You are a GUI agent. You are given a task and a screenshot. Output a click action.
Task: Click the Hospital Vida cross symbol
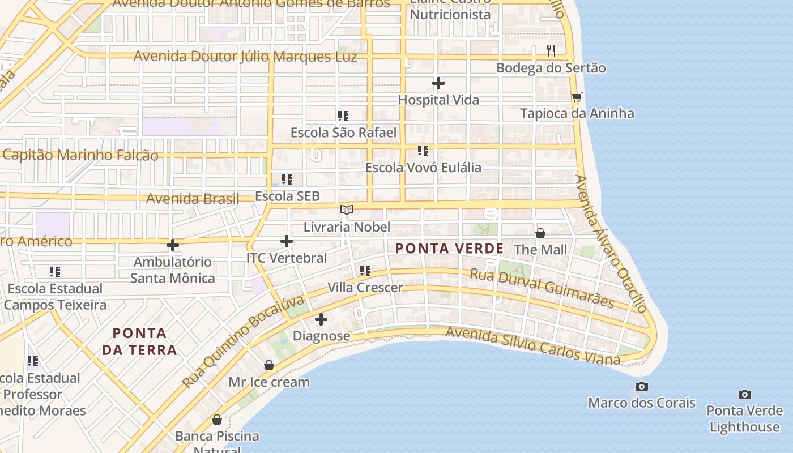(x=438, y=83)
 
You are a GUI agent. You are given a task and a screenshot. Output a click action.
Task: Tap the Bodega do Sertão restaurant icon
(x=551, y=50)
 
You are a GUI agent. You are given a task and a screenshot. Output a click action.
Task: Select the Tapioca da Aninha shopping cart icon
(x=577, y=97)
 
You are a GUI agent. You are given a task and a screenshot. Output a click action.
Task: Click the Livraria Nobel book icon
(x=347, y=210)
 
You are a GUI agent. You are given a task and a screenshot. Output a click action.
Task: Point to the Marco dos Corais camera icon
(x=642, y=386)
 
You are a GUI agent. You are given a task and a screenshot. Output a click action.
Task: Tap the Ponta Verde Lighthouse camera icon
(x=745, y=394)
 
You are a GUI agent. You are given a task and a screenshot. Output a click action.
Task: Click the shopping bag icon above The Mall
(x=540, y=233)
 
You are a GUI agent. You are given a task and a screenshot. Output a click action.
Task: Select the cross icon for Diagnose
(x=321, y=319)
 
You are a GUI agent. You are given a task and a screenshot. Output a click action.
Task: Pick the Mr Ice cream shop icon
(x=269, y=365)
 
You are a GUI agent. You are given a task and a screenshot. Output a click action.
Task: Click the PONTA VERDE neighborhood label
(x=449, y=249)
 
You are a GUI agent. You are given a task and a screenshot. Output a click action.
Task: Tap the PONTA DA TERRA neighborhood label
(x=139, y=341)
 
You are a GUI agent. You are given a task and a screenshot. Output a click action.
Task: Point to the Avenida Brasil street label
(x=193, y=199)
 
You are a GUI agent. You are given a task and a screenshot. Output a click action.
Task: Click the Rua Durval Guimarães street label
(x=542, y=288)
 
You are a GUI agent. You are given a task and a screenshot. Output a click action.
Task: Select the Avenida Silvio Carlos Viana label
(x=533, y=345)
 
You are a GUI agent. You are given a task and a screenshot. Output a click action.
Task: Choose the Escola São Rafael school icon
(x=343, y=116)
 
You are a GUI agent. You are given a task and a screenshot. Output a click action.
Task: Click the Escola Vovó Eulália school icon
(x=423, y=151)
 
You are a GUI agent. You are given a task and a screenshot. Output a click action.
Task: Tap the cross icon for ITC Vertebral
(x=287, y=241)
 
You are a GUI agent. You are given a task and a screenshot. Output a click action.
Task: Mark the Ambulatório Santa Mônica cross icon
(x=173, y=245)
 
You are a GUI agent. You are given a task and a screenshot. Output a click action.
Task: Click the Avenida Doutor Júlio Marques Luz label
(x=245, y=57)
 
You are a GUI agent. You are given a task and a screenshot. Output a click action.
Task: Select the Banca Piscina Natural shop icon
(x=216, y=420)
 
